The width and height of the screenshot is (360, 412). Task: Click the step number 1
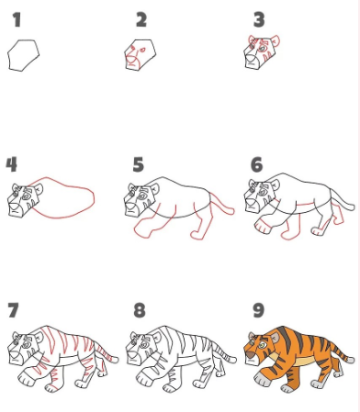click(16, 19)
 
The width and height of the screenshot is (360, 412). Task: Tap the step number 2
click(141, 19)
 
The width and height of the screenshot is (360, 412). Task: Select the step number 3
click(258, 19)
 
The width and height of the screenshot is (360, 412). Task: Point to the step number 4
click(11, 164)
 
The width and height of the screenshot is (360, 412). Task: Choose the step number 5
click(138, 164)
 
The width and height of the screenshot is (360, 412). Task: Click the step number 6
click(256, 164)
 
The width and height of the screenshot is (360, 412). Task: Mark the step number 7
click(11, 309)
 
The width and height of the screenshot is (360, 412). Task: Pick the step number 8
click(139, 309)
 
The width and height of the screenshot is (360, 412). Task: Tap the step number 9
click(256, 309)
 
